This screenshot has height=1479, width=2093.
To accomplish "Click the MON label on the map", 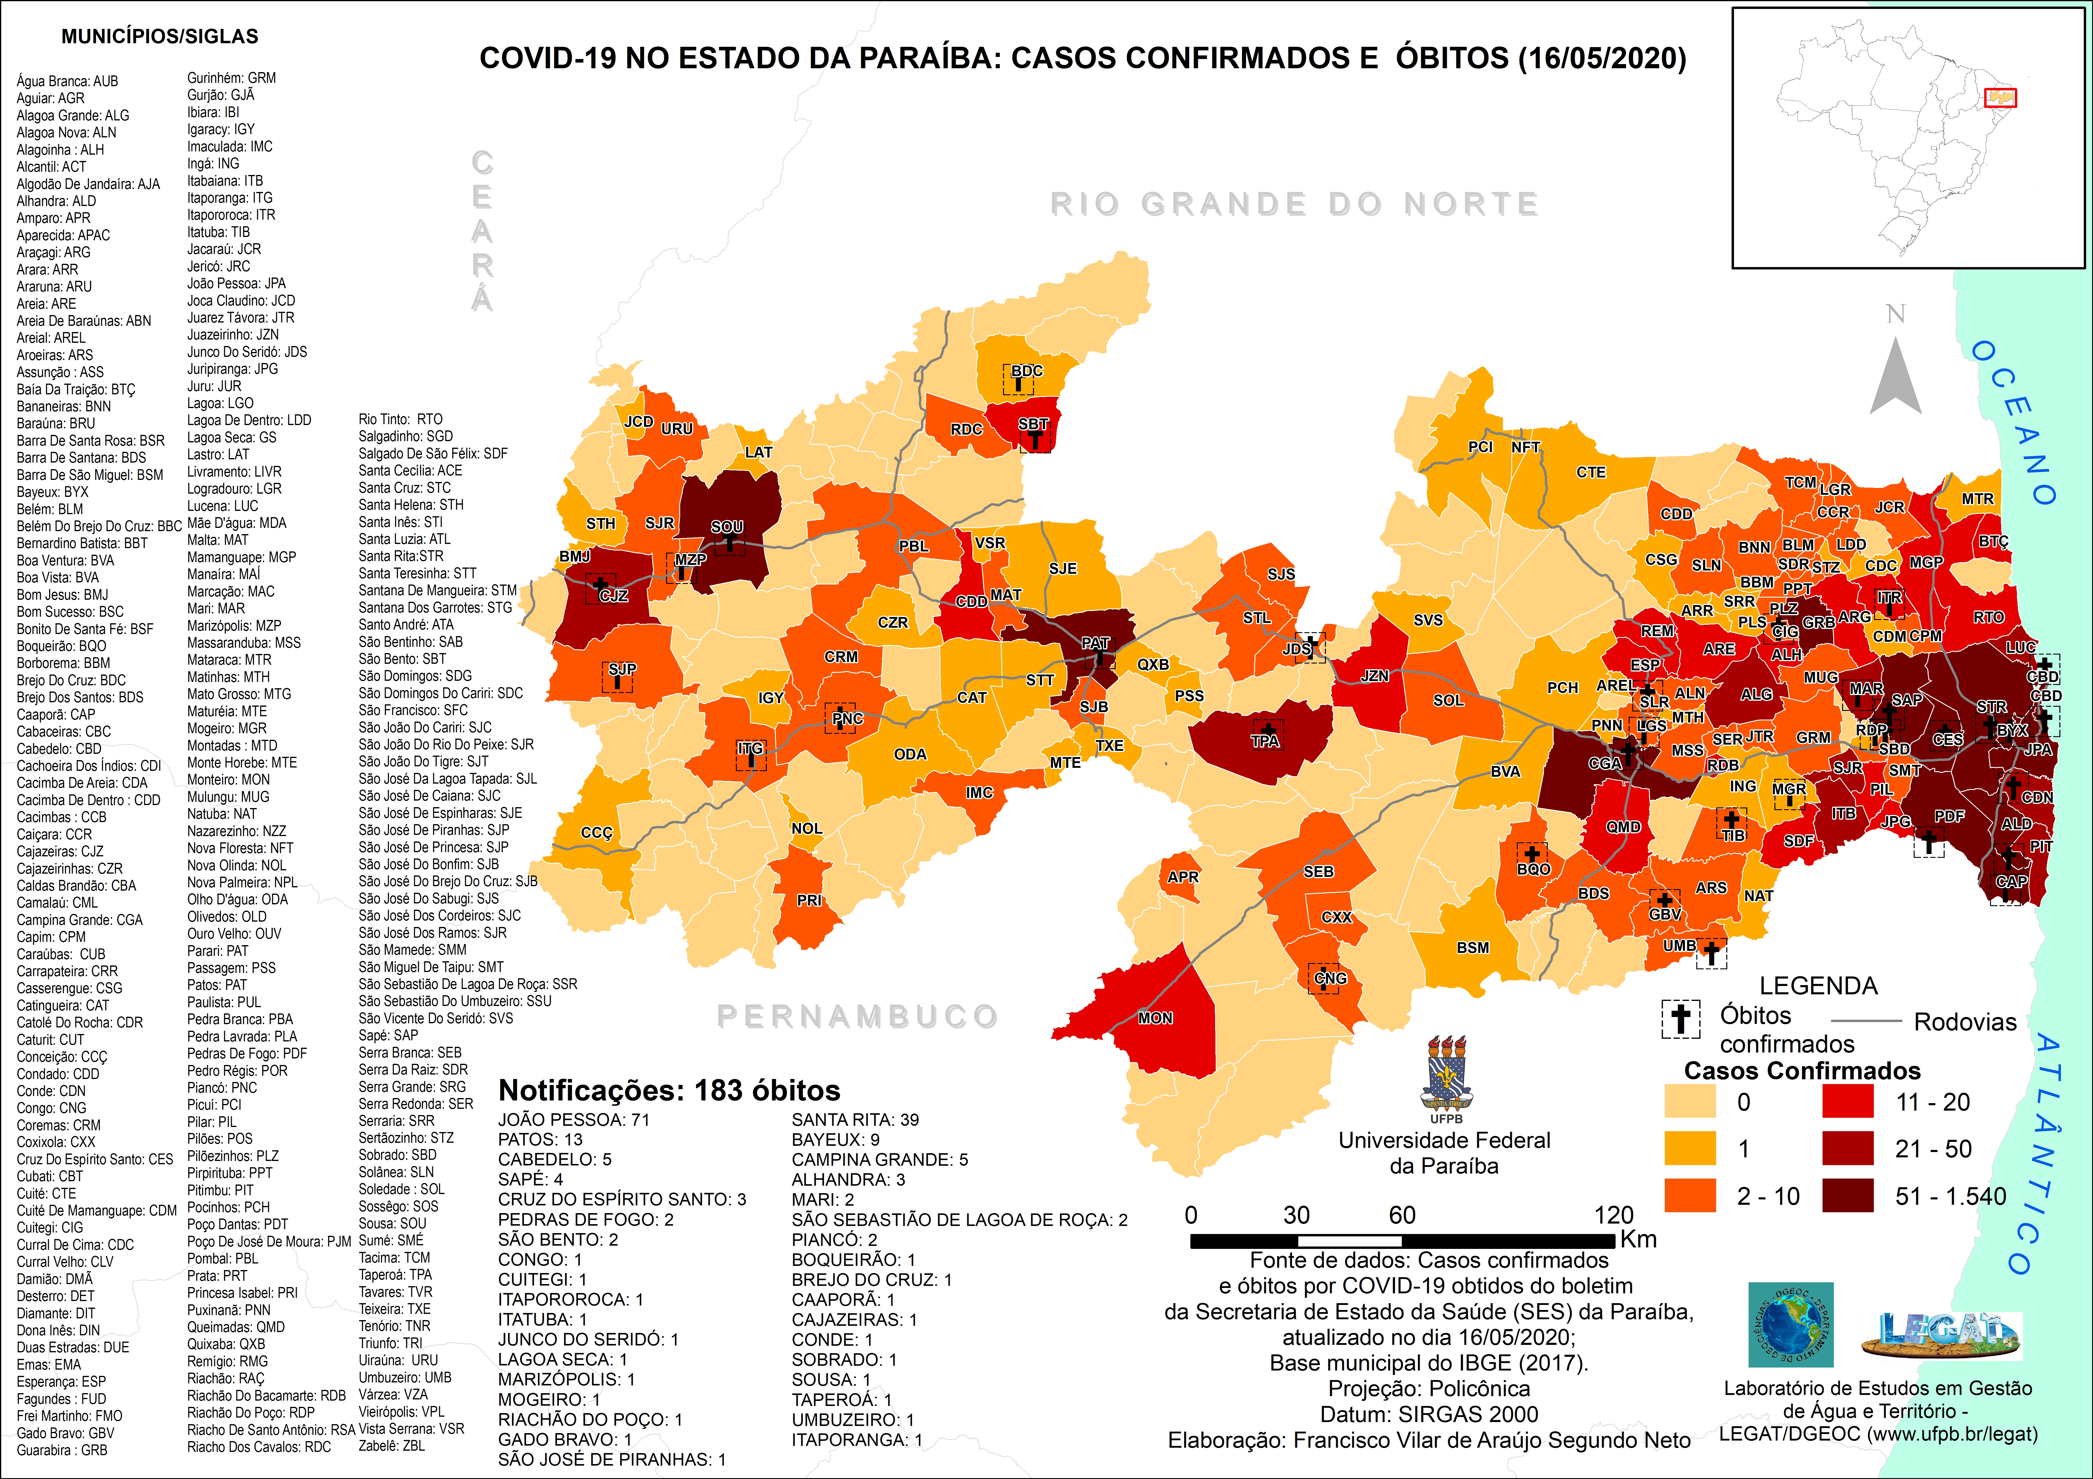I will (1155, 1018).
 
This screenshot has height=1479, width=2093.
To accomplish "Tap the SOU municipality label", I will (726, 527).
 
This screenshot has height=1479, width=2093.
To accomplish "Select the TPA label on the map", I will (1264, 741).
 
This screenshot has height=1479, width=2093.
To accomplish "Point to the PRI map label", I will (809, 900).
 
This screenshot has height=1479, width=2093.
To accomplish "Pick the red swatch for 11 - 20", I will (1848, 1102).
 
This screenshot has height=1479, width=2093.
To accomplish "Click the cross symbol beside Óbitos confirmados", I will (1680, 1019).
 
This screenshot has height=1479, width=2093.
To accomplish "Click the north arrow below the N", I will (1896, 378).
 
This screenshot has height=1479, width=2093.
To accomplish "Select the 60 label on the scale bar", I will (1402, 1215).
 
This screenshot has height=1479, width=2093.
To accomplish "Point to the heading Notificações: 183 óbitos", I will (669, 1091).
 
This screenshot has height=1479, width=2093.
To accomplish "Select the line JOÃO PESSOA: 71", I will (573, 1120).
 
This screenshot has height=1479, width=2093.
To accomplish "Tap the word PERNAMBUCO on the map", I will (857, 1016).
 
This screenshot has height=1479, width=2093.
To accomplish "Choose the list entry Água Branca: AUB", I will (67, 81).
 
